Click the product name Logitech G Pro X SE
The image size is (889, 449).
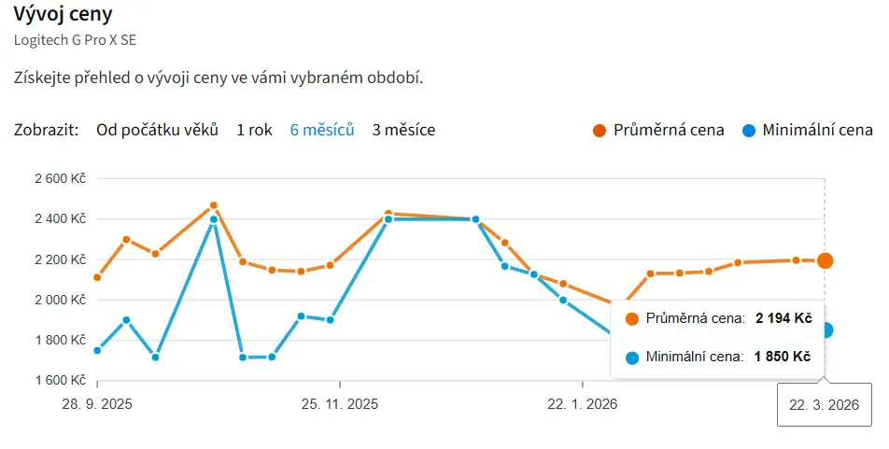tap(68, 40)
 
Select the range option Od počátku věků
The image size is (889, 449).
tap(157, 130)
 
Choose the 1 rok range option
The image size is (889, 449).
tap(254, 130)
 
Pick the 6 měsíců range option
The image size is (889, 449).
tap(322, 130)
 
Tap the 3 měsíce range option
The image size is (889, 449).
tap(403, 130)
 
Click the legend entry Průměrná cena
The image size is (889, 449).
tap(668, 130)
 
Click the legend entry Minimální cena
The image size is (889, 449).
tap(817, 130)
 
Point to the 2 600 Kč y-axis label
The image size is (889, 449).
tap(59, 178)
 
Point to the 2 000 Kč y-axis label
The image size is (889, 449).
tap(59, 300)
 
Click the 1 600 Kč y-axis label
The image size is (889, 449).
tap(59, 380)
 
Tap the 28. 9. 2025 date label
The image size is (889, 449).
tap(97, 404)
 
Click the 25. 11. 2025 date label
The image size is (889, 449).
tap(340, 404)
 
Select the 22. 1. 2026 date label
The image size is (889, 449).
tap(582, 404)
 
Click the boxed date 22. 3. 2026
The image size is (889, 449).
tap(824, 405)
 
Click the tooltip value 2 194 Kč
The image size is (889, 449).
tap(783, 318)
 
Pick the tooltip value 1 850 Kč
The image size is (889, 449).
tap(783, 357)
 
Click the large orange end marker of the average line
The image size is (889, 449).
tap(825, 260)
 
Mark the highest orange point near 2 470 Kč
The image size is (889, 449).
tap(214, 205)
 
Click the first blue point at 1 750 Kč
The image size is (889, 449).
tap(97, 350)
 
